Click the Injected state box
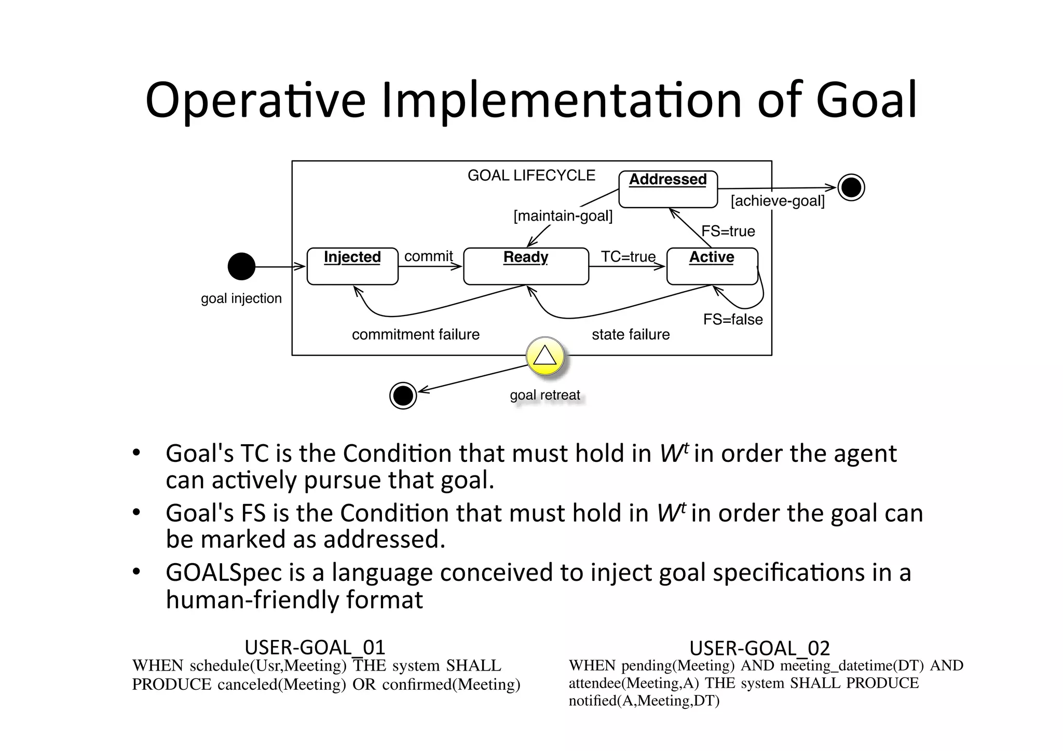click(x=352, y=266)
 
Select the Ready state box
click(x=526, y=266)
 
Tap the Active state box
click(x=712, y=266)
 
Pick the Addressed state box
click(x=668, y=189)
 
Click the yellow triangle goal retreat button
click(x=544, y=357)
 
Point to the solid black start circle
click(x=241, y=266)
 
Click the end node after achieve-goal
click(x=851, y=187)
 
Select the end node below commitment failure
click(x=403, y=395)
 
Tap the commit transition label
click(x=428, y=256)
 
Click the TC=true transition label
click(x=628, y=256)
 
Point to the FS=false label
click(x=733, y=319)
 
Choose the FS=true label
click(x=728, y=231)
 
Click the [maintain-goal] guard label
click(x=563, y=215)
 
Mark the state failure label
click(x=631, y=334)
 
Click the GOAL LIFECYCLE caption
click(x=531, y=175)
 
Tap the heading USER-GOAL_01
click(x=315, y=647)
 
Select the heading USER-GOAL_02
click(x=759, y=648)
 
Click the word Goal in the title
click(x=866, y=100)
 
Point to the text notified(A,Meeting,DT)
click(x=644, y=701)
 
